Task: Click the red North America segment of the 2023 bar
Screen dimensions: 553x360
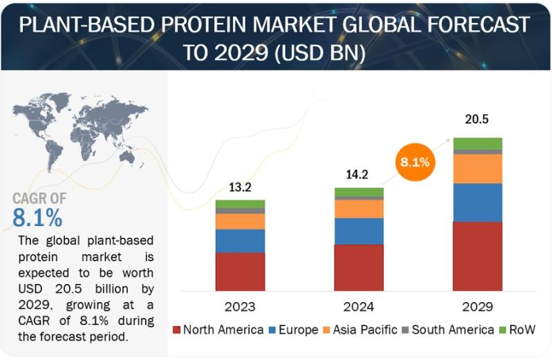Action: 240,272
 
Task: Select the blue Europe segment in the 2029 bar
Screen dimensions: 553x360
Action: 478,202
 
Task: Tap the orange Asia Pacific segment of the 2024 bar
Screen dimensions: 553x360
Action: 359,209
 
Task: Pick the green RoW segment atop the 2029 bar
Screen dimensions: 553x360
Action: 478,144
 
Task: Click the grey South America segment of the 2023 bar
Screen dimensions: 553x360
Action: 240,211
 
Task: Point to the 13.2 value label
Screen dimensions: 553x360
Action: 240,187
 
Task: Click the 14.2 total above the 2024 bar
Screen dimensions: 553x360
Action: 357,175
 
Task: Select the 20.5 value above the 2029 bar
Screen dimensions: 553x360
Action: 477,119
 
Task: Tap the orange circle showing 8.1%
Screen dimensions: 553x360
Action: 415,162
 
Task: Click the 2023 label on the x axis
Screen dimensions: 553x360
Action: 240,307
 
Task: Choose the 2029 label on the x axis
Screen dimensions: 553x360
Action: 478,307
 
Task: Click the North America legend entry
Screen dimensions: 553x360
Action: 218,330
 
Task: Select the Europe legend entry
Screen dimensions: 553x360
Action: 293,330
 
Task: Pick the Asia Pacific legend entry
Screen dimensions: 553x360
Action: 360,330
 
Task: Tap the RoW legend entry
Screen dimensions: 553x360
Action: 518,330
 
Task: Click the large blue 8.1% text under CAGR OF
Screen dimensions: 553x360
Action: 37,218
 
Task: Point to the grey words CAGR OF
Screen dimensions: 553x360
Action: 39,198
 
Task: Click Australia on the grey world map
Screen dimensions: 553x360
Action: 127,158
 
